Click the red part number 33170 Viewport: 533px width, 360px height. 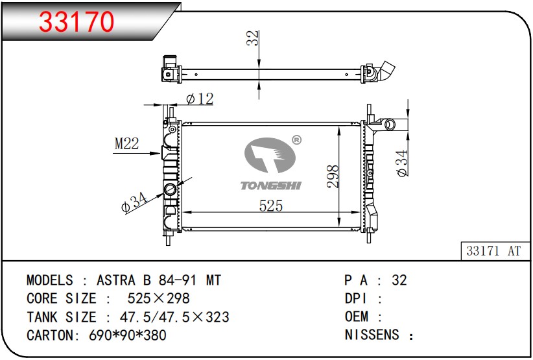[77, 22]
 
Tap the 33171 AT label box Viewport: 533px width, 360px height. [495, 251]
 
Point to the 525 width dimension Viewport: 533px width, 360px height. [271, 206]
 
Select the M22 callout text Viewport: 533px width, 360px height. [127, 143]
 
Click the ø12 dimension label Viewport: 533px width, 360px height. [200, 99]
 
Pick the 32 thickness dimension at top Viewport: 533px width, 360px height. [253, 38]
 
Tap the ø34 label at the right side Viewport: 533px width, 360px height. [402, 163]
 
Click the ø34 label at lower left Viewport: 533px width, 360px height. [134, 202]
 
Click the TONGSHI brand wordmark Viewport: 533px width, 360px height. [271, 186]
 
